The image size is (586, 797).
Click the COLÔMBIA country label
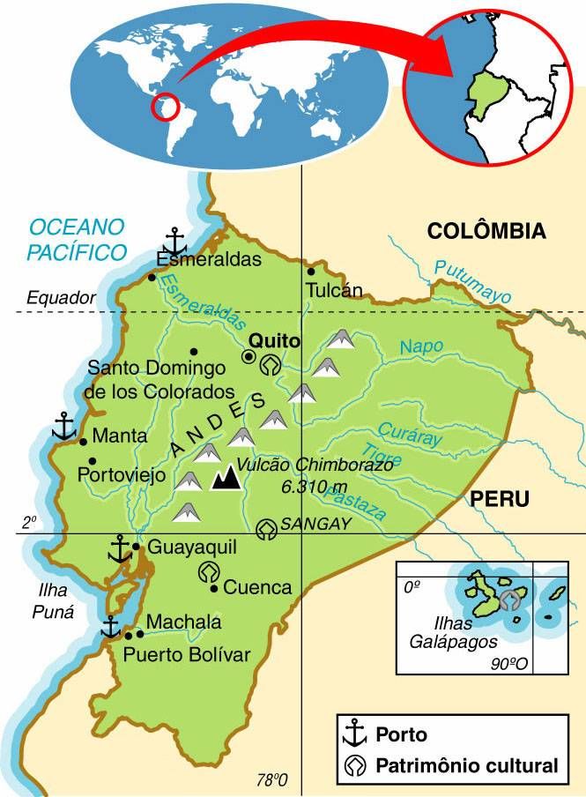pos(486,232)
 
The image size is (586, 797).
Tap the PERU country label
pos(499,499)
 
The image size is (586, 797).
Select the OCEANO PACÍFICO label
pos(76,240)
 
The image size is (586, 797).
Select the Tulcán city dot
pos(311,272)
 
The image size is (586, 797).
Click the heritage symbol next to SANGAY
pos(265,529)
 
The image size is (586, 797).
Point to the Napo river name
pos(421,347)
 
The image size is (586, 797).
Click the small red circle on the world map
pos(164,108)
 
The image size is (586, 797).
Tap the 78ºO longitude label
pos(272,780)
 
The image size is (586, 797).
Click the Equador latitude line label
pos(60,298)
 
